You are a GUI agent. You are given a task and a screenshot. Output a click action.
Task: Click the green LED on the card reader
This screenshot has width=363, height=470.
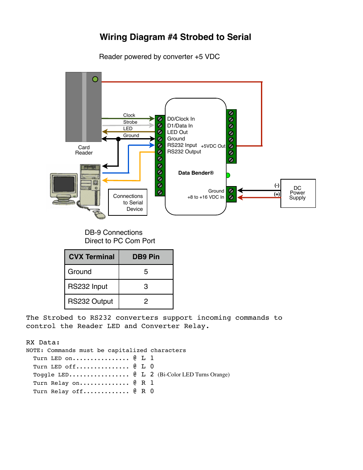coord(95,79)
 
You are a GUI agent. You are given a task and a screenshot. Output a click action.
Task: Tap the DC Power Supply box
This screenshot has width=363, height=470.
coord(298,193)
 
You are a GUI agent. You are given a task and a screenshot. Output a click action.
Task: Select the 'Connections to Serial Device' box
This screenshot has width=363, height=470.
coord(128,202)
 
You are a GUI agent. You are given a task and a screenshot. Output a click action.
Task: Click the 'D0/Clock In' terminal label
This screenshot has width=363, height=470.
coord(181,119)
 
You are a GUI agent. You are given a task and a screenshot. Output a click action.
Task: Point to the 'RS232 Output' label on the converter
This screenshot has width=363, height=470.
coord(184,151)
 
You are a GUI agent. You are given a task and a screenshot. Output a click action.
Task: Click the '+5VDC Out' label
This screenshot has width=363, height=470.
coord(213,146)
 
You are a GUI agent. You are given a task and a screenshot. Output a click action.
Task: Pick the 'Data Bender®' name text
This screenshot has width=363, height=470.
coord(196,173)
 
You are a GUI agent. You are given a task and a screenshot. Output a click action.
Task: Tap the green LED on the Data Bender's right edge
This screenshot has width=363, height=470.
coord(228,175)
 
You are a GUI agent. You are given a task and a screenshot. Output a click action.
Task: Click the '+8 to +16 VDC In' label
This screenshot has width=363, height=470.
coord(205,197)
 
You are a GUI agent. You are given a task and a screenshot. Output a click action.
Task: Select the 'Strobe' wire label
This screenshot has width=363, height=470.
coord(130,122)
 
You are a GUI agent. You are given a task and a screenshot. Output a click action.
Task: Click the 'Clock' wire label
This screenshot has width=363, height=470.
coord(129,115)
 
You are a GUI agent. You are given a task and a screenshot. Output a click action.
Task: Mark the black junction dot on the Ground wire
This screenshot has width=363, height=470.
coord(118,139)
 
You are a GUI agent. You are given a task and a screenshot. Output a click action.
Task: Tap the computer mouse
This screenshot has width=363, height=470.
coord(100,215)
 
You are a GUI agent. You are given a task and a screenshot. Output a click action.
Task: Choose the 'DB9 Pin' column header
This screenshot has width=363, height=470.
coord(146,257)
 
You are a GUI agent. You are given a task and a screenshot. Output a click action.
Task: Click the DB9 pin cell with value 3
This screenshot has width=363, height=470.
coord(146,287)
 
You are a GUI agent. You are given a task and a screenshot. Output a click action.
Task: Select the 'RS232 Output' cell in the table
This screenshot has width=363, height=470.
coord(91,301)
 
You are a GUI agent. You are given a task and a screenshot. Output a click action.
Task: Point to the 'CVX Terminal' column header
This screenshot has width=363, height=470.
coord(92,257)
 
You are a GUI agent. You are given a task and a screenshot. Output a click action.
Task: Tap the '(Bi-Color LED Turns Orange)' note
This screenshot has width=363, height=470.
coord(194,374)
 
